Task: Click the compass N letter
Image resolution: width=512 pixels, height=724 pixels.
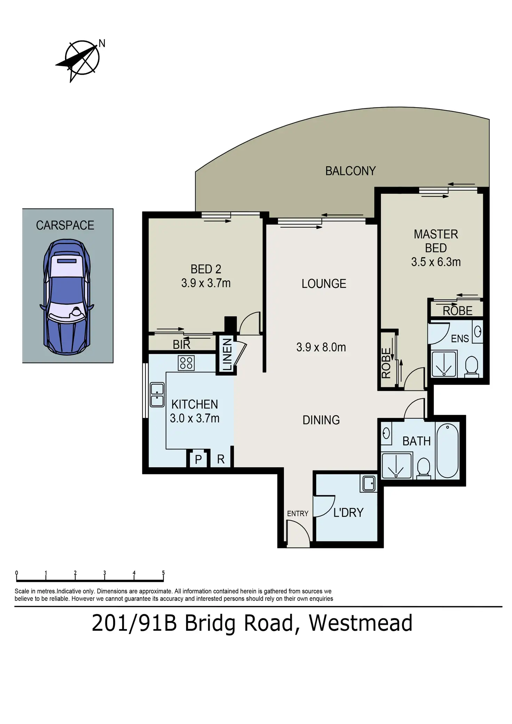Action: pyautogui.click(x=102, y=43)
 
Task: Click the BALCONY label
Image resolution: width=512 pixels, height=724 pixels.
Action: pyautogui.click(x=350, y=171)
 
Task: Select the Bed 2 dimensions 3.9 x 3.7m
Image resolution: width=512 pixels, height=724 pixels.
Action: pyautogui.click(x=206, y=283)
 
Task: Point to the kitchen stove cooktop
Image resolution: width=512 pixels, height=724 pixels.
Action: pyautogui.click(x=186, y=363)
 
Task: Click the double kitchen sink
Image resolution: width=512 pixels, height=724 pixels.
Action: pyautogui.click(x=157, y=395)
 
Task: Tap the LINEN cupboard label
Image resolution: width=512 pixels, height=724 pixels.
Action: pyautogui.click(x=227, y=354)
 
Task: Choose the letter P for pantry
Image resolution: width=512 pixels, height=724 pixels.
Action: pyautogui.click(x=198, y=459)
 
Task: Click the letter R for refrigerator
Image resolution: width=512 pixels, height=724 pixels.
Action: pyautogui.click(x=221, y=459)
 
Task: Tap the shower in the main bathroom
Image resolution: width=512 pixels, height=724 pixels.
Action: pyautogui.click(x=397, y=465)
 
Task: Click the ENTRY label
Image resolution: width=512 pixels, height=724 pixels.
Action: pyautogui.click(x=298, y=513)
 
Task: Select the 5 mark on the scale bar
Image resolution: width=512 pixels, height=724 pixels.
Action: pyautogui.click(x=163, y=573)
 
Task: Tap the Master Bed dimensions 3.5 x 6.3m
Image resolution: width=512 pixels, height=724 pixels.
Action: pyautogui.click(x=436, y=262)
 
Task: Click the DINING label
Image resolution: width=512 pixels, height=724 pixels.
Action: pyautogui.click(x=321, y=420)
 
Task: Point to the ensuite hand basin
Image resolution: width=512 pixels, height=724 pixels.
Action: pyautogui.click(x=478, y=331)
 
